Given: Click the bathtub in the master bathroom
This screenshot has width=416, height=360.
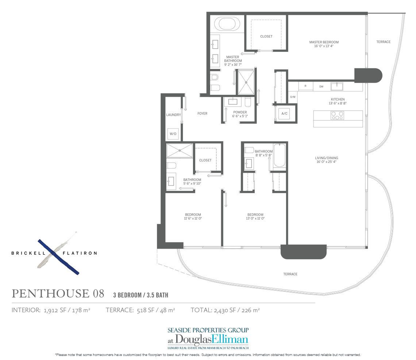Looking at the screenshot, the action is point(227,24).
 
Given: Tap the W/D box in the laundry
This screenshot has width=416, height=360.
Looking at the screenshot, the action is point(173,134).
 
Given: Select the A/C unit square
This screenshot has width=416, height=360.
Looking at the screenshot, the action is point(284,113).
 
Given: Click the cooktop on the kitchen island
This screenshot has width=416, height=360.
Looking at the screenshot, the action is point(337,115).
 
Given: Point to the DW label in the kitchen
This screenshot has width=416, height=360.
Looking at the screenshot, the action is point(321,87).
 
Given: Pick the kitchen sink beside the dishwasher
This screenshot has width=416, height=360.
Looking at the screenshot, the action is point(337,86).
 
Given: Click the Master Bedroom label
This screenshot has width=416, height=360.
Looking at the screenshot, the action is point(324,44).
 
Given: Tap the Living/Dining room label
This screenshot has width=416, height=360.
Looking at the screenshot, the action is point(326,160).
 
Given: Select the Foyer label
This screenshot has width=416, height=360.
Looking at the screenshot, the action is point(202,113).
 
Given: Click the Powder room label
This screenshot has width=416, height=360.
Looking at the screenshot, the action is point(240,114).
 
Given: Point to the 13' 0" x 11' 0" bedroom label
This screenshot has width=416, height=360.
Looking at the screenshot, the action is point(255,217).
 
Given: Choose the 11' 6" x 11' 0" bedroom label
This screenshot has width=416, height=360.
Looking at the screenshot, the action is point(193,217).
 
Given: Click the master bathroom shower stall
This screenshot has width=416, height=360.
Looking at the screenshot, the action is point(246,82).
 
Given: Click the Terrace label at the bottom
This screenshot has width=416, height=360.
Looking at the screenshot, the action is point(290,274).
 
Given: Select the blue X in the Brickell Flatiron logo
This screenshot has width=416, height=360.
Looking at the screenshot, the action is point(58,257).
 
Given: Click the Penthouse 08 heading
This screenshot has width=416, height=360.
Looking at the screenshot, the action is point(58,294).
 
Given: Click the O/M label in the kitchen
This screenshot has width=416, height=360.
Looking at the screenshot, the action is point(293,97).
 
